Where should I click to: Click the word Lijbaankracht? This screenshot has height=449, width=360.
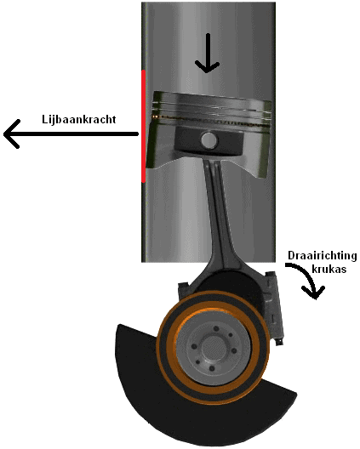tap(79, 119)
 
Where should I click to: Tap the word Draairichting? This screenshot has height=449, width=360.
tap(323, 255)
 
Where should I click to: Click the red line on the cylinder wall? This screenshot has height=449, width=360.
tap(144, 126)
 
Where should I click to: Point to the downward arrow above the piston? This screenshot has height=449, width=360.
tap(207, 53)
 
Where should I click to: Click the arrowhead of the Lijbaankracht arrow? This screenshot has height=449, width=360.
tap(11, 134)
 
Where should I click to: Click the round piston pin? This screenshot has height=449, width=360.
tap(209, 140)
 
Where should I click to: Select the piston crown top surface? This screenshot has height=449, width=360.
tap(212, 97)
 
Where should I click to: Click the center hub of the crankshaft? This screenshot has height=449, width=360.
tap(213, 349)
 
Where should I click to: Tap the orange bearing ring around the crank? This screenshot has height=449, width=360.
tap(214, 349)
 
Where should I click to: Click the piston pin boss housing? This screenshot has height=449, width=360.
tap(209, 142)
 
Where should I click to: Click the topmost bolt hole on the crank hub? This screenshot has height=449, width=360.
tap(216, 328)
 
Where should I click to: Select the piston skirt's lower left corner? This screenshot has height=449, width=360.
tap(146, 167)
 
